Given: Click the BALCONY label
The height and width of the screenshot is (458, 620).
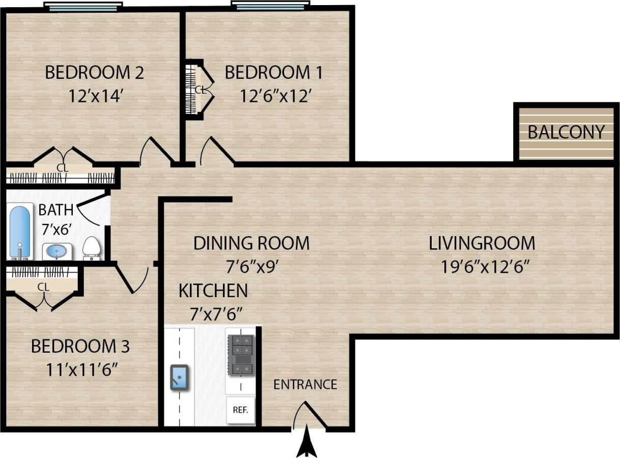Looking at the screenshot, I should (x=566, y=132).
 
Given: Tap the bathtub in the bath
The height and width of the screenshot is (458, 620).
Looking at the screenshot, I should (x=19, y=232).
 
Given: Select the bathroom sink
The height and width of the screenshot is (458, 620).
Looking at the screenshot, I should (x=57, y=251).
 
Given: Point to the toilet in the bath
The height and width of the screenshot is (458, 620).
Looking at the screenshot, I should (x=92, y=248).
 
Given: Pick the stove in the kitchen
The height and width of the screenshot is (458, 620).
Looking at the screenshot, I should (x=240, y=355).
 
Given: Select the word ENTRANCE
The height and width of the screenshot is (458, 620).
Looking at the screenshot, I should (x=305, y=384).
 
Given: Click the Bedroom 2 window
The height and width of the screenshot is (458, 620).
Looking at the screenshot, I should (x=83, y=7).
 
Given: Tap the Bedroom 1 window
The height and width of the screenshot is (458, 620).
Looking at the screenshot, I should (x=270, y=6).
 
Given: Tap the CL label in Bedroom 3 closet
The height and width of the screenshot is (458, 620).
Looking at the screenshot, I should (x=43, y=288).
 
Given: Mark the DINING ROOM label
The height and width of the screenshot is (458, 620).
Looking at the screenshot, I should (x=251, y=243).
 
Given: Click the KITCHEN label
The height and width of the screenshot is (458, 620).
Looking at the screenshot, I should (x=213, y=291).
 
